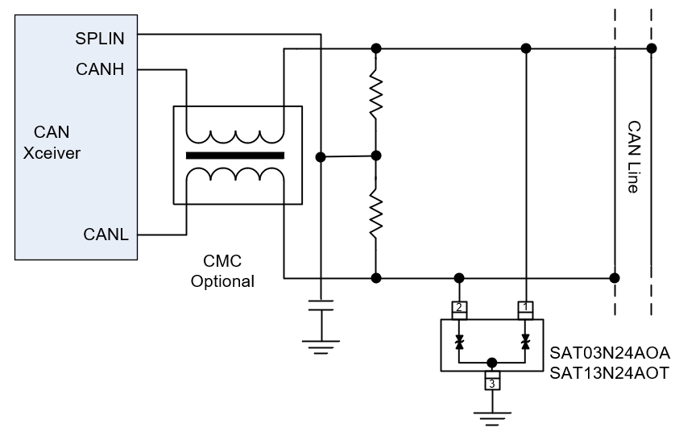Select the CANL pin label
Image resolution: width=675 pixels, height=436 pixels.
click(x=106, y=235)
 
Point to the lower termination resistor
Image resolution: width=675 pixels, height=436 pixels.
click(x=375, y=211)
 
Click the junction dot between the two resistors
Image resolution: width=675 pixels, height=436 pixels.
click(x=375, y=155)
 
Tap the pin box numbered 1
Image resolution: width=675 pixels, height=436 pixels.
click(x=526, y=307)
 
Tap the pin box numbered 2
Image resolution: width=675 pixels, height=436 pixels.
click(x=459, y=307)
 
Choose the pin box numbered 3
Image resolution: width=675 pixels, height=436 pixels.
click(x=492, y=383)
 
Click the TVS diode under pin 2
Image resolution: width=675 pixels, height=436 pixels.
click(x=459, y=343)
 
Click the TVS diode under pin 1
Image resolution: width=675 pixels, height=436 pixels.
click(x=526, y=343)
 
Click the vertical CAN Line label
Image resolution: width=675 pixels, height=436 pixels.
click(x=633, y=157)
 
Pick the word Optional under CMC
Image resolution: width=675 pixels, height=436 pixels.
click(x=222, y=281)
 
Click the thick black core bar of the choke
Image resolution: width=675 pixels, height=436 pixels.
click(x=234, y=155)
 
